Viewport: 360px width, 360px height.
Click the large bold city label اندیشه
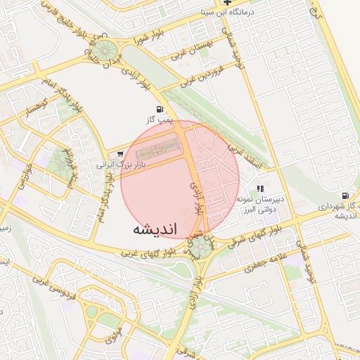click(154, 229)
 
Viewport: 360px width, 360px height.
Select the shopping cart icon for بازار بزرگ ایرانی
click(120, 155)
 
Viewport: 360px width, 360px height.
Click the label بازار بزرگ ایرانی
click(120, 167)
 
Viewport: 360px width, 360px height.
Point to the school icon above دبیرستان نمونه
click(261, 188)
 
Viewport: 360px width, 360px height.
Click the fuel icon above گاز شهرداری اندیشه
click(345, 195)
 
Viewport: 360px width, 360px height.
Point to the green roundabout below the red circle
click(200, 246)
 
